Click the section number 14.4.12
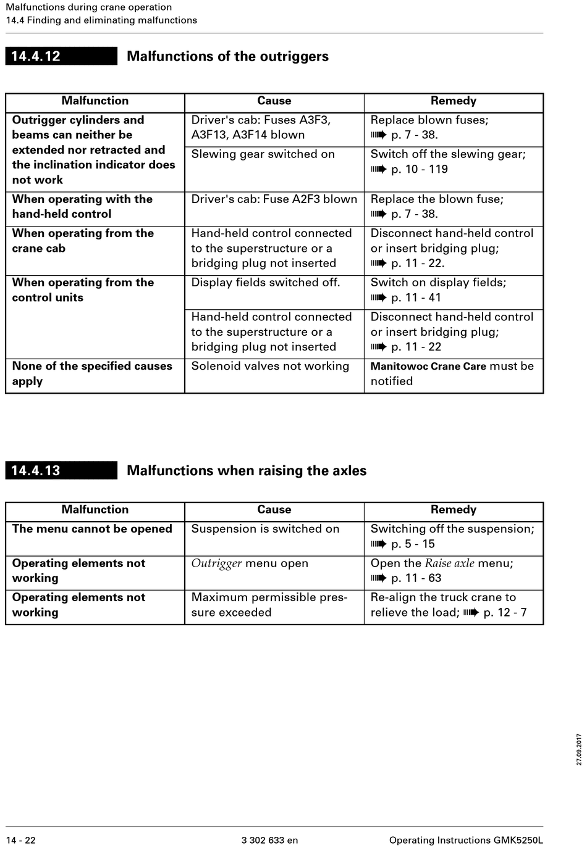[36, 56]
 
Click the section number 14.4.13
[36, 470]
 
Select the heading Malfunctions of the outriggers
[227, 56]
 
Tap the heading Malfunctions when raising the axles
[247, 470]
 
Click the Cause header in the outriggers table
[274, 101]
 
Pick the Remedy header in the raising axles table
[453, 509]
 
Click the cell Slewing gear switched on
[263, 154]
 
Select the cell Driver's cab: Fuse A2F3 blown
[274, 199]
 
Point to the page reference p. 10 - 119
[419, 169]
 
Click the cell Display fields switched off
[265, 283]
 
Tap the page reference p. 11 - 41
[416, 297]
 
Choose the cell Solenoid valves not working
[270, 366]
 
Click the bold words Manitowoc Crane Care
[428, 366]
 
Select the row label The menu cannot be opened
[92, 529]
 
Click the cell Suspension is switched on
[265, 529]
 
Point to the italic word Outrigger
[216, 563]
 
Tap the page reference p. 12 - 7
[505, 612]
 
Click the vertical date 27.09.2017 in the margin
[579, 750]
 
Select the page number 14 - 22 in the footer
[21, 840]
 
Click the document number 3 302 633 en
[269, 840]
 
